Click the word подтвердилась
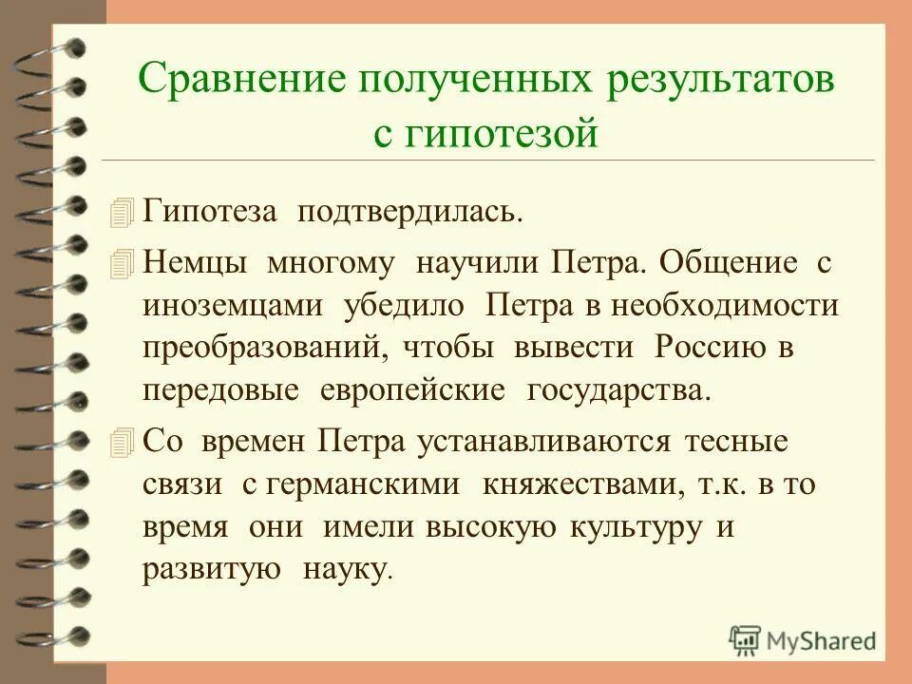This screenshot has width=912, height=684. pyautogui.click(x=412, y=211)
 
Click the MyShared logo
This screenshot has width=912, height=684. pyautogui.click(x=802, y=639)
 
